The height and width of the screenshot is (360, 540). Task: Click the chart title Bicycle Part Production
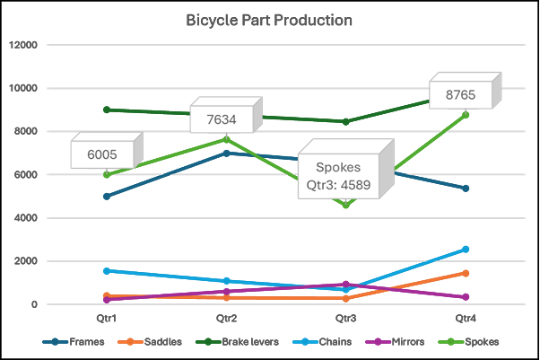[x=269, y=20]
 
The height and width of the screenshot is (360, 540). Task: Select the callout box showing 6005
[x=102, y=154]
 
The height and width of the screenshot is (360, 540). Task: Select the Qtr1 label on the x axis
[x=107, y=319]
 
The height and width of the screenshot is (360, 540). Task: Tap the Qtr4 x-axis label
[x=466, y=319]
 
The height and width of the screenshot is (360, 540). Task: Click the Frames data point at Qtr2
[x=226, y=154]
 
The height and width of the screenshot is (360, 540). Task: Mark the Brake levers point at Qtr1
[x=107, y=110]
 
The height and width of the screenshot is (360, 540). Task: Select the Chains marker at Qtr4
[x=466, y=250]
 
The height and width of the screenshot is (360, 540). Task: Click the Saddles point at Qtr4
[x=466, y=273]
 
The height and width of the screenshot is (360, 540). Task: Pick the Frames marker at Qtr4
[x=466, y=189]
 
